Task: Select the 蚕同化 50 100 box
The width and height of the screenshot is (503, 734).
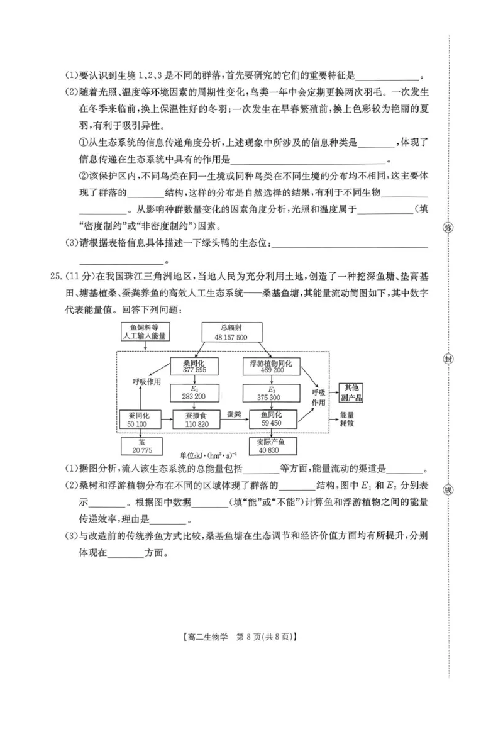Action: click(x=140, y=420)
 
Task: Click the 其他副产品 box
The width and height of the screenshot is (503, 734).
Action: click(x=350, y=392)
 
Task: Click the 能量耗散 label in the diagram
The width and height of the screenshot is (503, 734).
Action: click(x=348, y=420)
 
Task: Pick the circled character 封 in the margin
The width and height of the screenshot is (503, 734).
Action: click(x=448, y=359)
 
